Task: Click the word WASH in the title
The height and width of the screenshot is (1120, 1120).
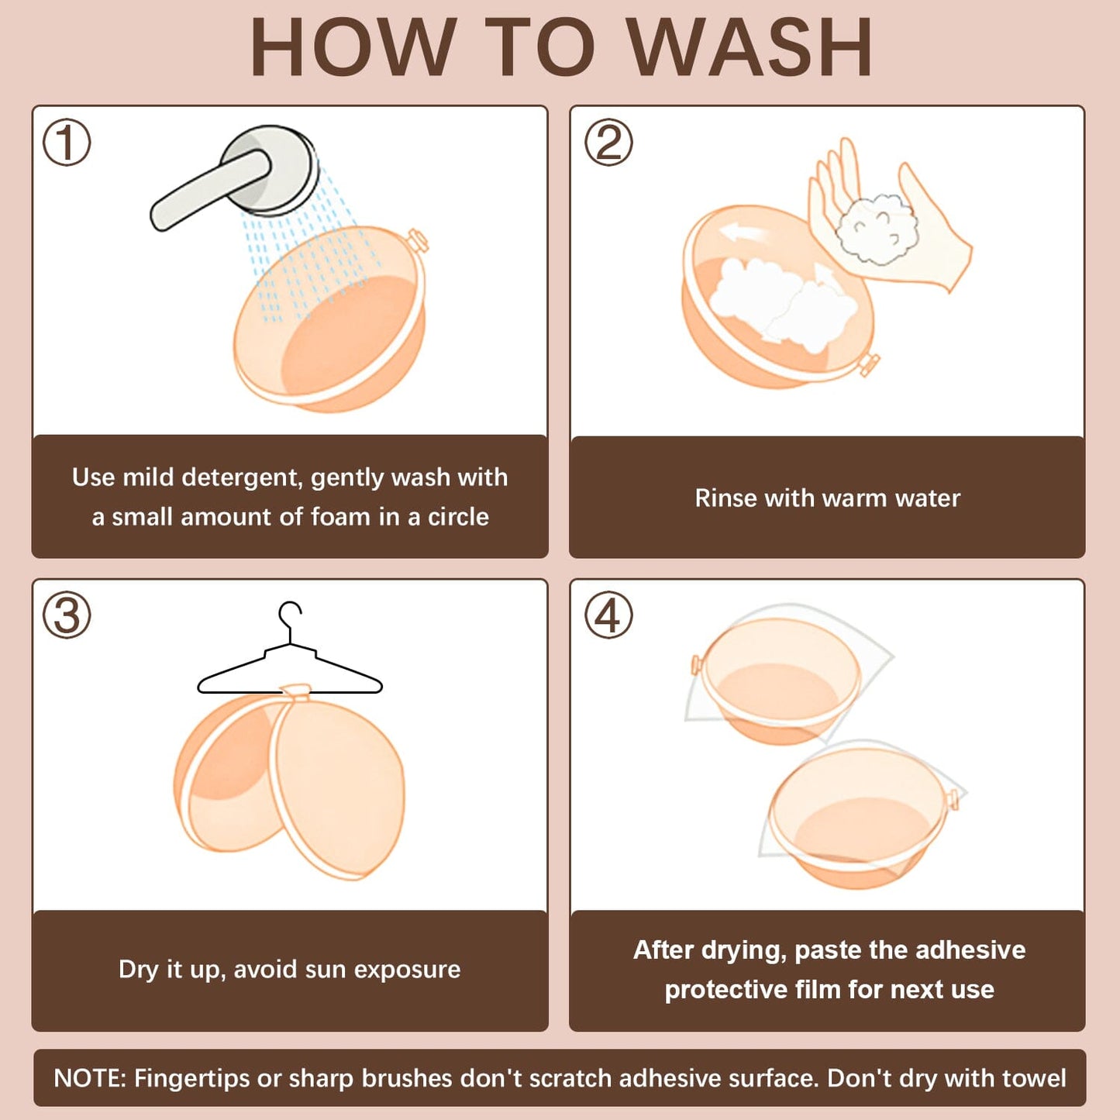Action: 750,47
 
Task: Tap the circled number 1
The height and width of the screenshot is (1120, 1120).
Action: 67,143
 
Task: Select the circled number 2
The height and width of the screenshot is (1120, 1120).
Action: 608,143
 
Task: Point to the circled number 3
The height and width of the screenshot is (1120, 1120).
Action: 67,615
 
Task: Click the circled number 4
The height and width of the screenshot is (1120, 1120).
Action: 608,615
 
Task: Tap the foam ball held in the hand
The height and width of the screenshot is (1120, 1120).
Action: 877,229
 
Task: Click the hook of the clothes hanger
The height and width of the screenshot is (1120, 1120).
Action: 289,621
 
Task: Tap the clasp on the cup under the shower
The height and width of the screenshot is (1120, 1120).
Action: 418,240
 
